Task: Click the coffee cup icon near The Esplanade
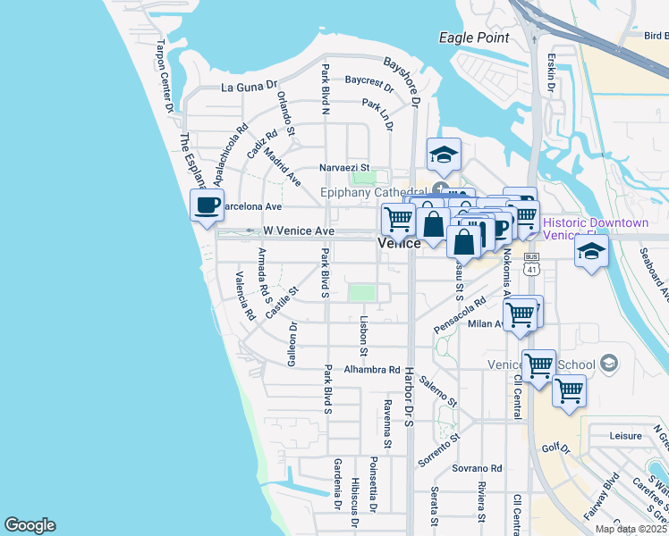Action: [x=207, y=205]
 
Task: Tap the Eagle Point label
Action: [x=474, y=38]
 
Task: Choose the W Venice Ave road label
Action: [x=299, y=230]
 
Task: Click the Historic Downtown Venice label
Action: [x=595, y=229]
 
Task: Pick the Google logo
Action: [x=30, y=525]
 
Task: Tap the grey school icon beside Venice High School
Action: [x=609, y=363]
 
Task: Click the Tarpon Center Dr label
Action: [x=165, y=76]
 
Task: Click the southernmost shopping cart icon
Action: [x=569, y=390]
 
